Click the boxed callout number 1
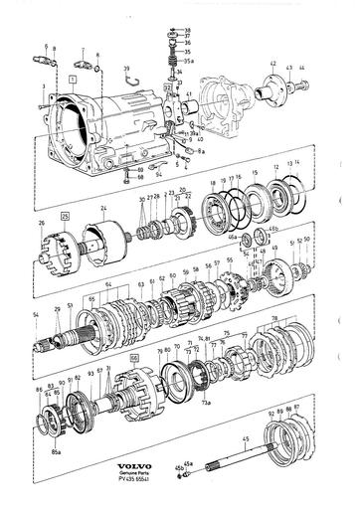73,77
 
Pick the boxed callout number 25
65,215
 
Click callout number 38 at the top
188,31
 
